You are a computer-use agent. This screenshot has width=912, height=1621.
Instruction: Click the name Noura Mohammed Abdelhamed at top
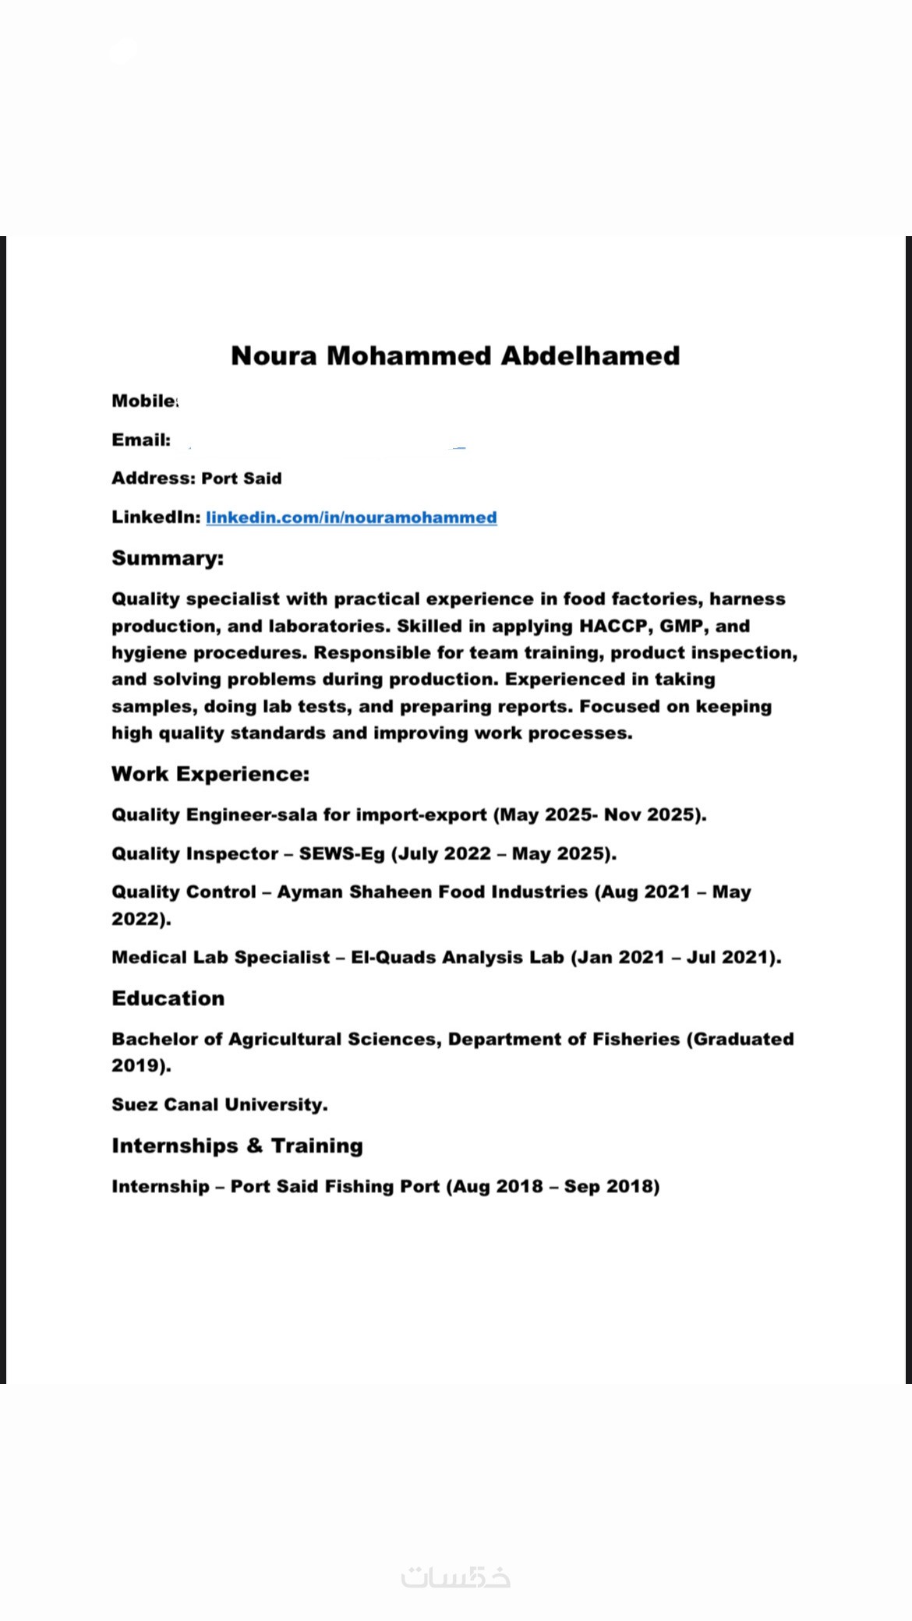[455, 356]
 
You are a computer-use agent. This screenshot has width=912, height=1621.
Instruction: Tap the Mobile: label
[145, 401]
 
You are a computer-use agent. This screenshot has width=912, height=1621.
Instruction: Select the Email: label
[141, 440]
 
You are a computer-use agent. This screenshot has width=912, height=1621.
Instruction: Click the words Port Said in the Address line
[242, 479]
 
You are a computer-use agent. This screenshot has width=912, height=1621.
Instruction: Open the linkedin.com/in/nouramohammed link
[352, 517]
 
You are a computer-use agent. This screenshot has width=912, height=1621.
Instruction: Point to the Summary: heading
[168, 558]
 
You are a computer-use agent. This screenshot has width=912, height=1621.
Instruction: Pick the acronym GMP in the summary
[681, 626]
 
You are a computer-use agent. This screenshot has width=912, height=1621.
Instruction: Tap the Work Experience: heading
[210, 774]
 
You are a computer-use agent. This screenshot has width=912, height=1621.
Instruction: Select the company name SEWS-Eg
[342, 853]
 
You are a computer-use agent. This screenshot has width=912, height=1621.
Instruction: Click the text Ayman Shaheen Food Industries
[433, 892]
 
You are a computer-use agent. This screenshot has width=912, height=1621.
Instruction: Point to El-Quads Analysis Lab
[458, 957]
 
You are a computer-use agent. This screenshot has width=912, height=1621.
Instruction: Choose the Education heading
[168, 998]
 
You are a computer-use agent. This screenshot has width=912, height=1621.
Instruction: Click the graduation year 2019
[137, 1065]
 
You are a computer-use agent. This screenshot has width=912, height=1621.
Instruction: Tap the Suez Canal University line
[220, 1104]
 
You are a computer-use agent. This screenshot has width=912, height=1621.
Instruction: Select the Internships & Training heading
[237, 1146]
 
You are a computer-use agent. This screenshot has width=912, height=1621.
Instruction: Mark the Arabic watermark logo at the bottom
[456, 1577]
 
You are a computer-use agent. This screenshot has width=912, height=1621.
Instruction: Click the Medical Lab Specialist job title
[221, 957]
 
